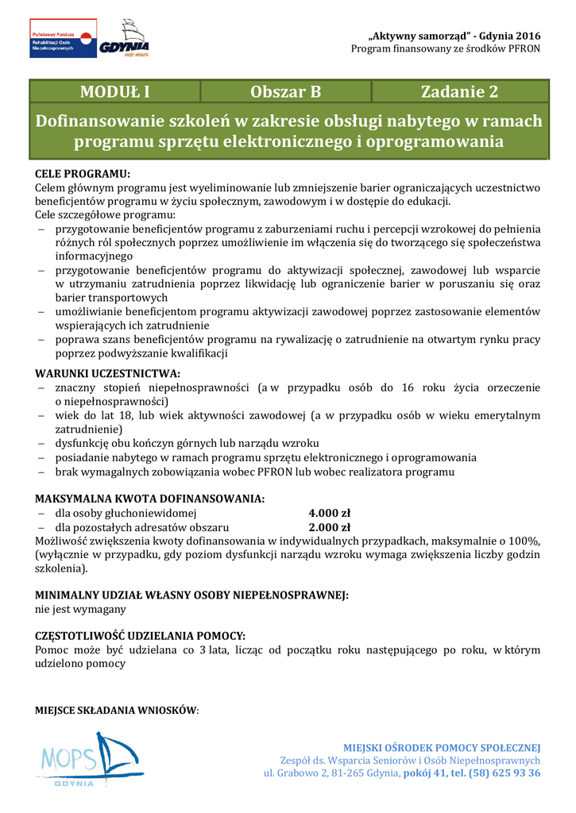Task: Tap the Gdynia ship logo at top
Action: [x=125, y=38]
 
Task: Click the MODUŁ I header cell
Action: [x=115, y=91]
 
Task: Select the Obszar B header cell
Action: [x=285, y=91]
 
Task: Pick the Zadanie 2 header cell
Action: [x=459, y=91]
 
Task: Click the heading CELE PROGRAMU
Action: [x=83, y=173]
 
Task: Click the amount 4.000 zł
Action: [x=329, y=513]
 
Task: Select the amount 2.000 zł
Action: [x=329, y=526]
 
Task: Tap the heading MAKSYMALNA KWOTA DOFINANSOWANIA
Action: [x=149, y=499]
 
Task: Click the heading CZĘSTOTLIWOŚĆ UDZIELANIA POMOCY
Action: [x=141, y=636]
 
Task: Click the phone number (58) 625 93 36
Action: [x=504, y=773]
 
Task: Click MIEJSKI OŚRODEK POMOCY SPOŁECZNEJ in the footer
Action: [x=442, y=747]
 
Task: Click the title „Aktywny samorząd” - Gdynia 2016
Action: [x=455, y=37]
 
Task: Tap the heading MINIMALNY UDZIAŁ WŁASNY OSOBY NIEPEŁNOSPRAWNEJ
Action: [x=192, y=595]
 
